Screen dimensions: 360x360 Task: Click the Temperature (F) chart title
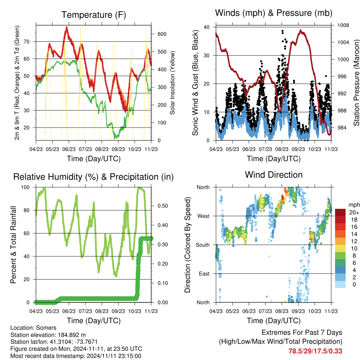click(x=94, y=15)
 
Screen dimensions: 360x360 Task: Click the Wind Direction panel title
click(x=274, y=175)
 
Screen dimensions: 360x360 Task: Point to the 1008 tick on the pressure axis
click(x=343, y=25)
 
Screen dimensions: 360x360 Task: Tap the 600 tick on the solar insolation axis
click(x=162, y=34)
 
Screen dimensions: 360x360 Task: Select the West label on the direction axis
click(x=204, y=216)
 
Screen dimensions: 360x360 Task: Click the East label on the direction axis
click(x=204, y=274)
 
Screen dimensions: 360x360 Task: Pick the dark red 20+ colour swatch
click(x=340, y=212)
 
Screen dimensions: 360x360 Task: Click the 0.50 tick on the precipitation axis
click(x=163, y=206)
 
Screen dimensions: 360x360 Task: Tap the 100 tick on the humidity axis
click(x=25, y=187)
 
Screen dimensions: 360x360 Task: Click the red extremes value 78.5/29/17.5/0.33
click(x=315, y=351)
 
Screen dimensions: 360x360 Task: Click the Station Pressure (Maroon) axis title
click(x=356, y=83)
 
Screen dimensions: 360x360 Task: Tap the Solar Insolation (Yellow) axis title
click(x=172, y=83)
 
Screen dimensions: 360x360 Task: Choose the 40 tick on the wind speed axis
click(x=207, y=27)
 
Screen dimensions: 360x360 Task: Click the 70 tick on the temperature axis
click(x=27, y=41)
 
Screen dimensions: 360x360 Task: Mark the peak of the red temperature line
click(x=67, y=27)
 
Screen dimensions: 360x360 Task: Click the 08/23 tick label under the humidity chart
click(x=102, y=311)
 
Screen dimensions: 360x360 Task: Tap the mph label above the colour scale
click(x=354, y=205)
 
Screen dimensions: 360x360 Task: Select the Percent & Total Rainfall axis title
click(x=13, y=245)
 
